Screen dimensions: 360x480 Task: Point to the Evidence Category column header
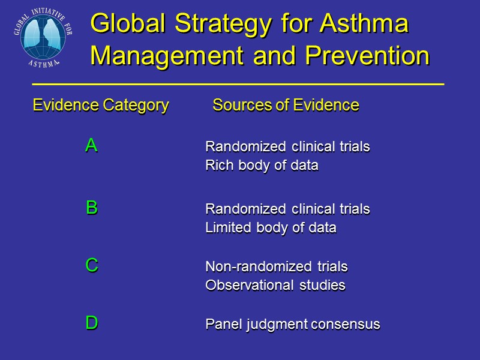pyautogui.click(x=100, y=106)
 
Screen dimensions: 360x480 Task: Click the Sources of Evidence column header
pyautogui.click(x=286, y=106)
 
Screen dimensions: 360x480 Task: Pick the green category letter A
pyautogui.click(x=91, y=145)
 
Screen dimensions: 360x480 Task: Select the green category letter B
pyautogui.click(x=91, y=208)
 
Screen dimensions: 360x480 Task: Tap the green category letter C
pyautogui.click(x=91, y=265)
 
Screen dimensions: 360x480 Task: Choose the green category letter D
pyautogui.click(x=91, y=323)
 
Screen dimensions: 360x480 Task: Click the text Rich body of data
pyautogui.click(x=262, y=166)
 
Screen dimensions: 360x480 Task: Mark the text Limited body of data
pyautogui.click(x=271, y=228)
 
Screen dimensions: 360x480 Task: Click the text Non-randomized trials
pyautogui.click(x=277, y=266)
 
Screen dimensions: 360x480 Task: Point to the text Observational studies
pyautogui.click(x=275, y=285)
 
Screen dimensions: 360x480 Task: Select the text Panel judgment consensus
pyautogui.click(x=293, y=324)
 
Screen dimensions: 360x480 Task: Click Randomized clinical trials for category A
pyautogui.click(x=287, y=146)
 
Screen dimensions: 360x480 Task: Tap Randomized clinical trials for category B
pyautogui.click(x=287, y=209)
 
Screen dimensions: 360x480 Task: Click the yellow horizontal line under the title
pyautogui.click(x=238, y=85)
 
